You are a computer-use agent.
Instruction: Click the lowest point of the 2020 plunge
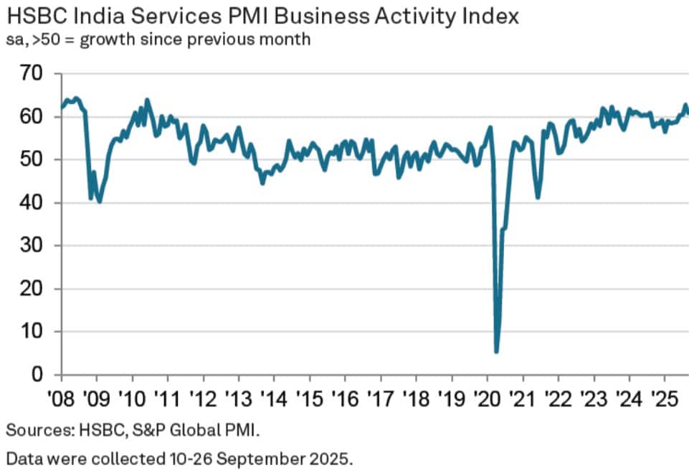pyautogui.click(x=496, y=352)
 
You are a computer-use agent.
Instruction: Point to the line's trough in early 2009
pyautogui.click(x=99, y=202)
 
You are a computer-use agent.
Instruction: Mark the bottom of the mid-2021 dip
pyautogui.click(x=538, y=198)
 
